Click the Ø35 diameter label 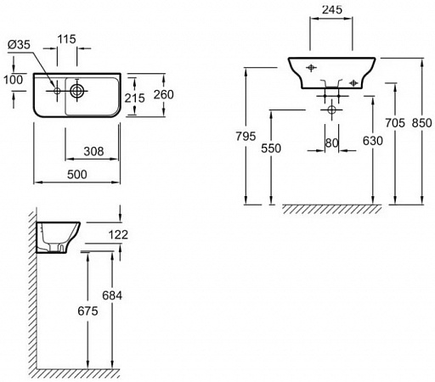(19, 44)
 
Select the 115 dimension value (67, 39)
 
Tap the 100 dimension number (13, 80)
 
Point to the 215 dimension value (135, 98)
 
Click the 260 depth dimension (163, 94)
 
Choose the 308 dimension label (93, 151)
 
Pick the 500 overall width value (77, 174)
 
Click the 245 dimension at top (332, 9)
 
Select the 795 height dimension (246, 137)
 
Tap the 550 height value (271, 149)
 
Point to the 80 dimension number (331, 143)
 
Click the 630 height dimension (373, 141)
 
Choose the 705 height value (395, 123)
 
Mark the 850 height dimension (421, 123)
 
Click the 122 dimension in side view (118, 234)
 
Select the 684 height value (112, 295)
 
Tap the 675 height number (88, 311)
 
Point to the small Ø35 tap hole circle (57, 91)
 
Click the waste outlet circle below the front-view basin (331, 110)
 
